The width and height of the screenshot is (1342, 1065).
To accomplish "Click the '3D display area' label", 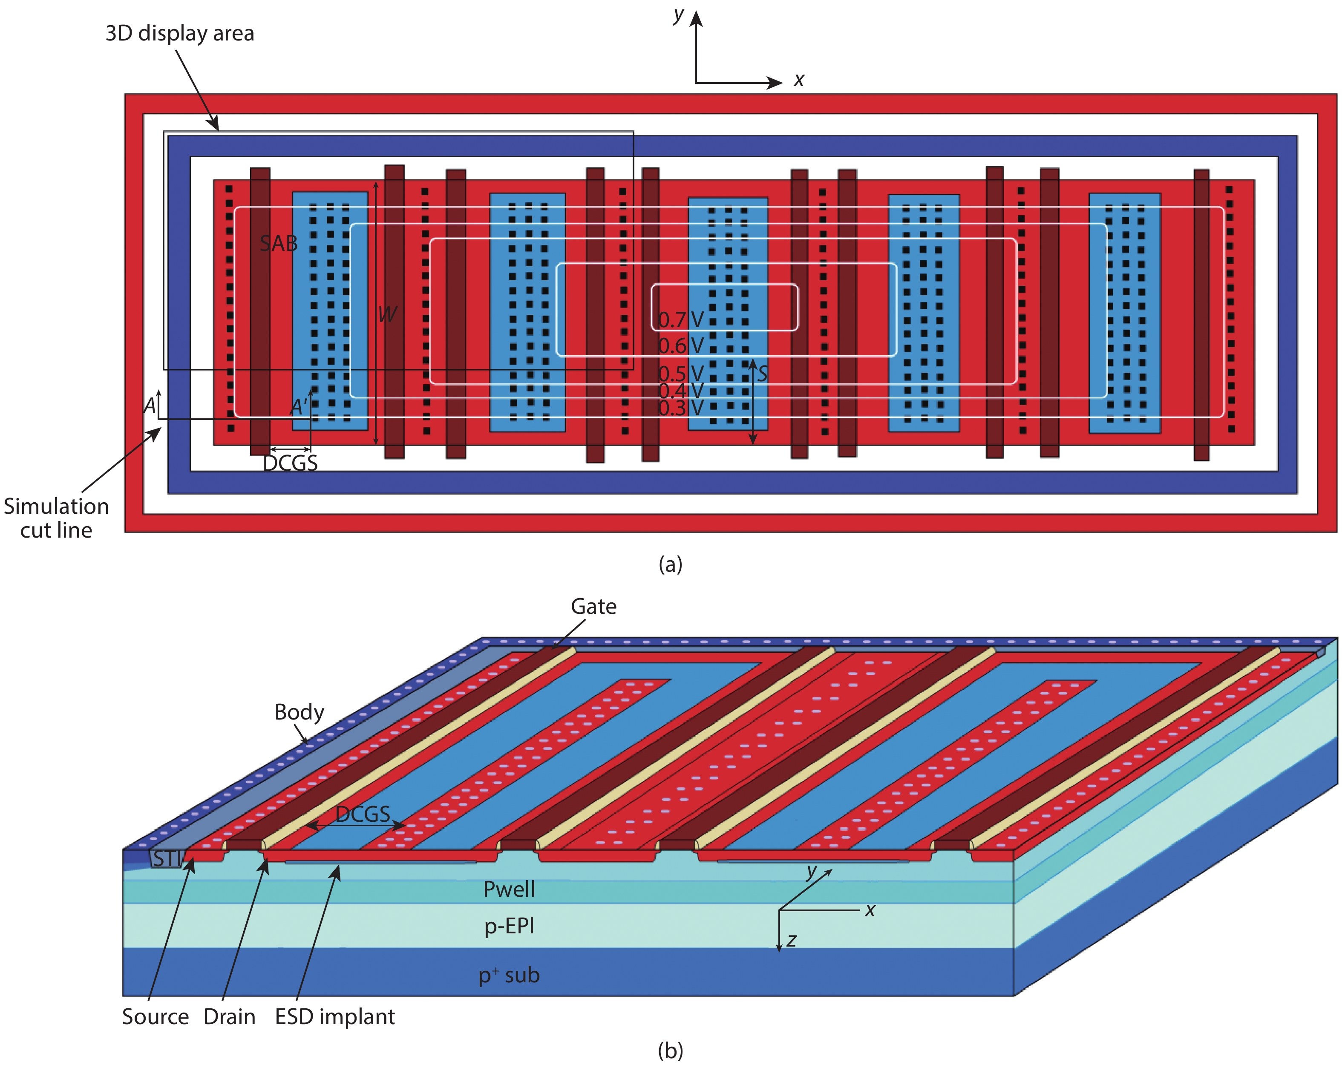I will (x=179, y=33).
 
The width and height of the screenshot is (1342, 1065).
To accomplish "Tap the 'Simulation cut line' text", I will (x=56, y=518).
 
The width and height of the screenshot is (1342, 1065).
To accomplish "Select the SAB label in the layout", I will (x=278, y=243).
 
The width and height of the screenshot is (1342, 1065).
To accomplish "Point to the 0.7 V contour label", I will (x=681, y=320).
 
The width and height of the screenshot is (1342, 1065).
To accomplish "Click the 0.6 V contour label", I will (x=681, y=345).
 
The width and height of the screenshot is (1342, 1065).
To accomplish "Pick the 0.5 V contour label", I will (x=681, y=374).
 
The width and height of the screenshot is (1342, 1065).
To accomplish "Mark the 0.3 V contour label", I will (x=681, y=409).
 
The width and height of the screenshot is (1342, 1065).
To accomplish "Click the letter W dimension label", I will (x=387, y=314).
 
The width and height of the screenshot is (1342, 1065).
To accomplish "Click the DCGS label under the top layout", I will (x=290, y=463).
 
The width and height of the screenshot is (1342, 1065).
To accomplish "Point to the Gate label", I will (x=593, y=606).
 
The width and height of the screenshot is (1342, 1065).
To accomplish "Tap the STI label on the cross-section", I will (x=166, y=859).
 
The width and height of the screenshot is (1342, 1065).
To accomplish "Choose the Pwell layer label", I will (x=509, y=889).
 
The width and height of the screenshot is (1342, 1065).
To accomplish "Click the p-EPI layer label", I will (x=509, y=926).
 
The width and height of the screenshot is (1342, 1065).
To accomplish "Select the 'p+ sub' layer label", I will (x=509, y=975).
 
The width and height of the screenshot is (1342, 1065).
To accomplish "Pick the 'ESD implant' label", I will (x=335, y=1016).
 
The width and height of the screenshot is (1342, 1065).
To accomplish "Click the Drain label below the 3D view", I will (x=229, y=1016).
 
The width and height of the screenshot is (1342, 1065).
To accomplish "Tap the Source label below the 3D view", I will (x=155, y=1016).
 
